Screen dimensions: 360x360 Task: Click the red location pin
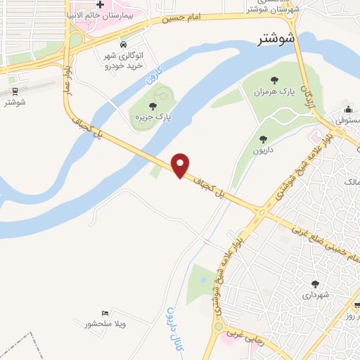coord(181,165)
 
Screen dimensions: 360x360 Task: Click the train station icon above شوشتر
coord(14,91)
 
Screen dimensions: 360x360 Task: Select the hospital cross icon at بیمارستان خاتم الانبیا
coord(101,4)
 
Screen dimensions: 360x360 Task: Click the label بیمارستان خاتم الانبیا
coord(99,15)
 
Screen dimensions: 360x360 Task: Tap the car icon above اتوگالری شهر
coord(124,46)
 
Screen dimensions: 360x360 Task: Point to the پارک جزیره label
coord(154,117)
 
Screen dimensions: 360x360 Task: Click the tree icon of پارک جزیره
coord(153,106)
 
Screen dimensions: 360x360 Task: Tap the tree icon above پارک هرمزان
coord(274,80)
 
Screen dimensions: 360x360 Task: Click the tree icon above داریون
coord(264,139)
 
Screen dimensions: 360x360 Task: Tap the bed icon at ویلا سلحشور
coord(105,313)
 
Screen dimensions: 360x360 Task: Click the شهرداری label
coord(314,296)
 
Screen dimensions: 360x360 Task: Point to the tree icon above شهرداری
coord(314,285)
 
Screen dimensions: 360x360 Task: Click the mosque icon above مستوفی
coord(348,109)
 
